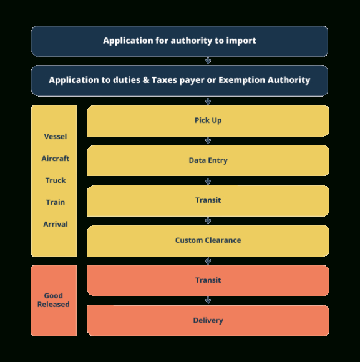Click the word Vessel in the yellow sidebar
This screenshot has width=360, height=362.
(56, 137)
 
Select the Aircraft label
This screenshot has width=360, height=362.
(56, 159)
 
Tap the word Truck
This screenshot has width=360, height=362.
(56, 180)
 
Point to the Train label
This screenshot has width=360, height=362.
(56, 202)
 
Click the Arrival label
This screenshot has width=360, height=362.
(56, 224)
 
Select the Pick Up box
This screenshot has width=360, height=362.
(208, 120)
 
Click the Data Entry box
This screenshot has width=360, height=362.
(208, 160)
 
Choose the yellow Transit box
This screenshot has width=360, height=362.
(208, 201)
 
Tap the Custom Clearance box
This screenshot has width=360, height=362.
(208, 240)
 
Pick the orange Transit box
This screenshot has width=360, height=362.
(208, 281)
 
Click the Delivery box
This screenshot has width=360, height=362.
(208, 320)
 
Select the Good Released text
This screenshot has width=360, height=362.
(53, 300)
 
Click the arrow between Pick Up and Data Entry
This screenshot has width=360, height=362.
(208, 140)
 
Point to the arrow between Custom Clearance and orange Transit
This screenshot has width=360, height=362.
(208, 261)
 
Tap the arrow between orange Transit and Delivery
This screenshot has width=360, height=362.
(208, 300)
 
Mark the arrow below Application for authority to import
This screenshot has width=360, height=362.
(208, 61)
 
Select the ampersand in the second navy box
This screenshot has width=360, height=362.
(146, 80)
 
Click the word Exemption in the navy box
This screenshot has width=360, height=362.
(241, 81)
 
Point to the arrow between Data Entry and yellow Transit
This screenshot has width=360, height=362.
(208, 181)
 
